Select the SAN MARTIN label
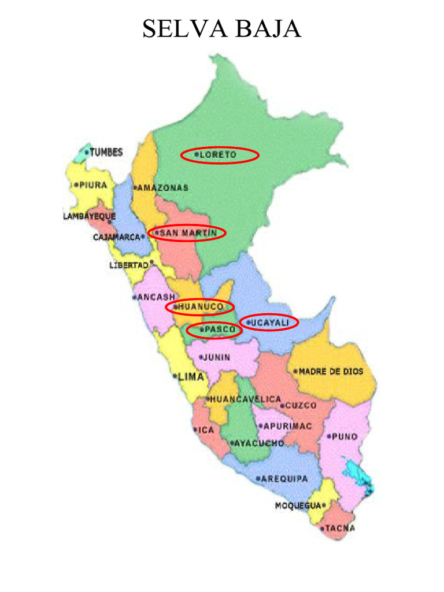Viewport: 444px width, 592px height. (188, 233)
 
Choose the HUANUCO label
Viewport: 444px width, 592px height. (202, 306)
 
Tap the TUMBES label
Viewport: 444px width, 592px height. (106, 153)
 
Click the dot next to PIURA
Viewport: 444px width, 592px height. (76, 185)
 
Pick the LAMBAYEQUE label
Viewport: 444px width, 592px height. (89, 217)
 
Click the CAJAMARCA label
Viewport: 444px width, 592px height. (117, 237)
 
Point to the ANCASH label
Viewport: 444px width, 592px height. (156, 297)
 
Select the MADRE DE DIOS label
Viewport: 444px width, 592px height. (331, 372)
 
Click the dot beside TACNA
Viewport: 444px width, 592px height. (322, 528)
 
